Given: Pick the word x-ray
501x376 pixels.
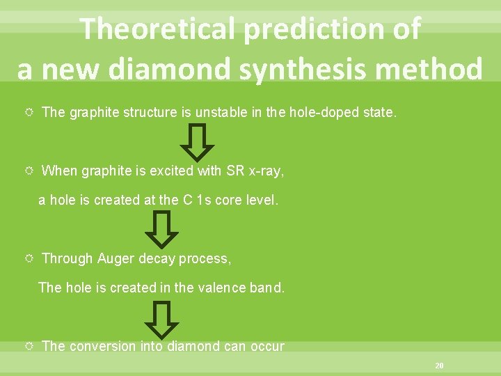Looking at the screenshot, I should pos(265,171).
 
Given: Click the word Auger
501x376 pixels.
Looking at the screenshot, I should pos(116,258).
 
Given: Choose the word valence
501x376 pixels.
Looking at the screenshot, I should pos(212,287).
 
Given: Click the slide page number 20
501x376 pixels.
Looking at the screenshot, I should pos(438,365).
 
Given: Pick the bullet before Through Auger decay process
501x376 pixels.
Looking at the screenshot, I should pos(28,259).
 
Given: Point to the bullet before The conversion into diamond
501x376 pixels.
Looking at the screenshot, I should pos(28,346).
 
